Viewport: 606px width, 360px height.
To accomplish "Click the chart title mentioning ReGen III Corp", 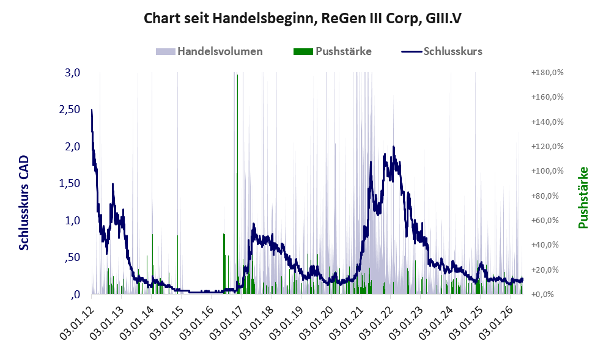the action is (303, 18).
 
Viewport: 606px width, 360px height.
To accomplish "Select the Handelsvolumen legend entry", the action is (209, 51).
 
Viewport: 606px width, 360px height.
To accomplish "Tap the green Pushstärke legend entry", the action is (333, 51).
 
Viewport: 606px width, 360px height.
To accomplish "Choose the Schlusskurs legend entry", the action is (442, 51).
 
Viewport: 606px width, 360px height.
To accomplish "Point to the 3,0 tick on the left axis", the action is (72, 73).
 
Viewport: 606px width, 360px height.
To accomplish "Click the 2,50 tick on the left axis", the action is (70, 109).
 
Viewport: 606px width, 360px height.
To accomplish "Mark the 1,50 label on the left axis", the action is (70, 183).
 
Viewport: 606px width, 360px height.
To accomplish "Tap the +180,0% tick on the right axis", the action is (548, 73).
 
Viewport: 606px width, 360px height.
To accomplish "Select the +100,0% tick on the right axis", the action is (548, 171).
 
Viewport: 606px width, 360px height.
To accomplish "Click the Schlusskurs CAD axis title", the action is (24, 202).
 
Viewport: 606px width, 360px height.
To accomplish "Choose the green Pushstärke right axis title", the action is (583, 198).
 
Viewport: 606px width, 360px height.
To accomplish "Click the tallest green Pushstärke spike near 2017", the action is (237, 184).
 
